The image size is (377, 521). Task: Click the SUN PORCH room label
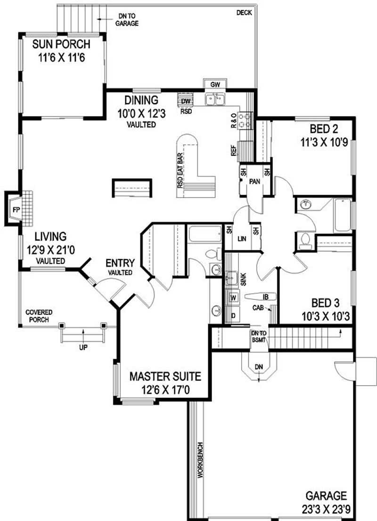(61, 44)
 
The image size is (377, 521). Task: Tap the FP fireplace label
(16, 210)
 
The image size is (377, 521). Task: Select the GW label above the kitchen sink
(215, 85)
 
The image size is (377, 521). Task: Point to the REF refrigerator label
(234, 150)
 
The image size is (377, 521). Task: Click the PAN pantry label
(255, 182)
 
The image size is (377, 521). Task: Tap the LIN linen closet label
(242, 239)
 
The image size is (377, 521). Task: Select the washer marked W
(234, 298)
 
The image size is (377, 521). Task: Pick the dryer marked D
(234, 315)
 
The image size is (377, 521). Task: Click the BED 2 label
(324, 129)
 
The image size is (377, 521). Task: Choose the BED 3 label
(326, 303)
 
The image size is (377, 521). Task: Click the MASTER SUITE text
(165, 376)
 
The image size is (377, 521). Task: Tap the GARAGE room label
(326, 496)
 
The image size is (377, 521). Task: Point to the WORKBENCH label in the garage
(200, 460)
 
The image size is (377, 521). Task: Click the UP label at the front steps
(83, 347)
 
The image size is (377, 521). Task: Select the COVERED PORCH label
(39, 316)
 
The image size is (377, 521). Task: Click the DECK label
(244, 13)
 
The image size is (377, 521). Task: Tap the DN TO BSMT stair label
(259, 337)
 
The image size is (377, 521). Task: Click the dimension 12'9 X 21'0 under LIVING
(51, 250)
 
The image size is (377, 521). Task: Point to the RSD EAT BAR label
(180, 171)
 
